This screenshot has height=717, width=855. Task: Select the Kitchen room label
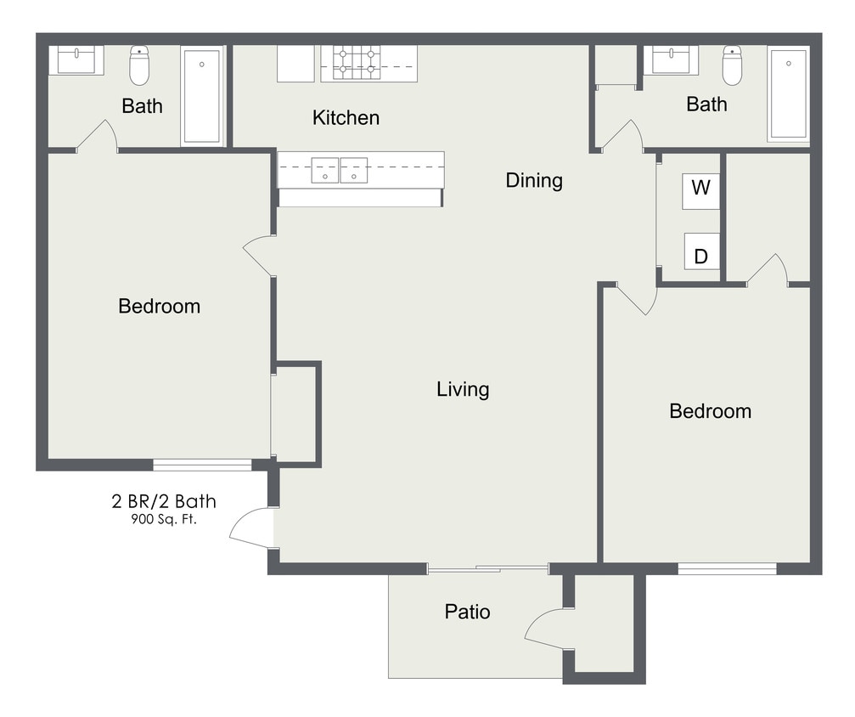click(346, 117)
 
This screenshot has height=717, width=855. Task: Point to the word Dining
click(534, 180)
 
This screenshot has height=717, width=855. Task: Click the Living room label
click(463, 389)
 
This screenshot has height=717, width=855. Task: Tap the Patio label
click(467, 611)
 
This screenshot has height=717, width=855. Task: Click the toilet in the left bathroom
click(139, 65)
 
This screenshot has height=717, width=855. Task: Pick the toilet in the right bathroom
click(732, 65)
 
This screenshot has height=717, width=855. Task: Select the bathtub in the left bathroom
click(202, 95)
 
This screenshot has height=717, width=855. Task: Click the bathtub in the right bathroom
click(788, 93)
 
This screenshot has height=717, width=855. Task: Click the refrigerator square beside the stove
click(295, 63)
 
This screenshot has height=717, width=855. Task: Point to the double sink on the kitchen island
click(340, 170)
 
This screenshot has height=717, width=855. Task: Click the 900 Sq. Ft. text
click(163, 519)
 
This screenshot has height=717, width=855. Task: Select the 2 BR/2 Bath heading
click(164, 501)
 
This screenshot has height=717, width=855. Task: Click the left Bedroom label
click(159, 306)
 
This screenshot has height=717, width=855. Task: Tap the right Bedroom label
click(710, 411)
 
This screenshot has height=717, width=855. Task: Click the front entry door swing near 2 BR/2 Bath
click(253, 528)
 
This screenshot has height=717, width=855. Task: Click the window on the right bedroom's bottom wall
click(727, 568)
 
